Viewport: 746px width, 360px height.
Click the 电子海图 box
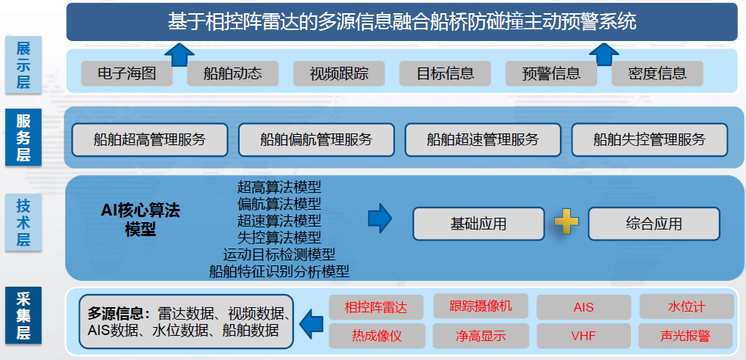(127, 73)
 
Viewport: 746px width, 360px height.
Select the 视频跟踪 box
(339, 73)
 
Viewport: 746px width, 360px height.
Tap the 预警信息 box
(551, 73)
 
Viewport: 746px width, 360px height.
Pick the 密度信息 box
(657, 73)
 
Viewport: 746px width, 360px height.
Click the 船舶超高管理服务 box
(150, 140)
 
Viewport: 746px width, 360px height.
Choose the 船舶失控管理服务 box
(649, 140)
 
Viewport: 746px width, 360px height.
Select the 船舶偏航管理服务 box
(317, 140)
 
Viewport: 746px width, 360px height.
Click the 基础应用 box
(478, 224)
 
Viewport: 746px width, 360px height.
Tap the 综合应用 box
(654, 224)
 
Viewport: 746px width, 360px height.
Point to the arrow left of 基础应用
(380, 219)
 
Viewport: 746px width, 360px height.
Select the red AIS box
(584, 307)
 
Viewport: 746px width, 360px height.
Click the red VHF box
(584, 337)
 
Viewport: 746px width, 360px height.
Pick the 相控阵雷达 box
(376, 307)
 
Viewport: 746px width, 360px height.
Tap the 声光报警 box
(686, 337)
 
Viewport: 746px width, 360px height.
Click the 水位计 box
(687, 306)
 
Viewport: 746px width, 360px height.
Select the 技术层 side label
(23, 223)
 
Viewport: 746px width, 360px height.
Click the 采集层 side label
(23, 315)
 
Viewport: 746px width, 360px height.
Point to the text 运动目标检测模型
(279, 254)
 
